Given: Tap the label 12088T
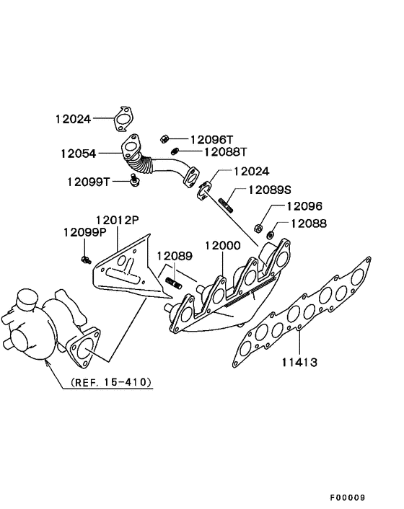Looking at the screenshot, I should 225,152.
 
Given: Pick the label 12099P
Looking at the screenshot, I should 84,232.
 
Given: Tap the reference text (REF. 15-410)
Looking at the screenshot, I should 111,382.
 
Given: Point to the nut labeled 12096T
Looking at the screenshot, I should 164,138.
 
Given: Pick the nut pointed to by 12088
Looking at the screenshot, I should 271,234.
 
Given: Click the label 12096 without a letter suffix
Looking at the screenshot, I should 304,205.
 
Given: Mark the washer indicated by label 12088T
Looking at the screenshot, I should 175,151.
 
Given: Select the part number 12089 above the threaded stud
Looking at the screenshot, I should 176,255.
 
